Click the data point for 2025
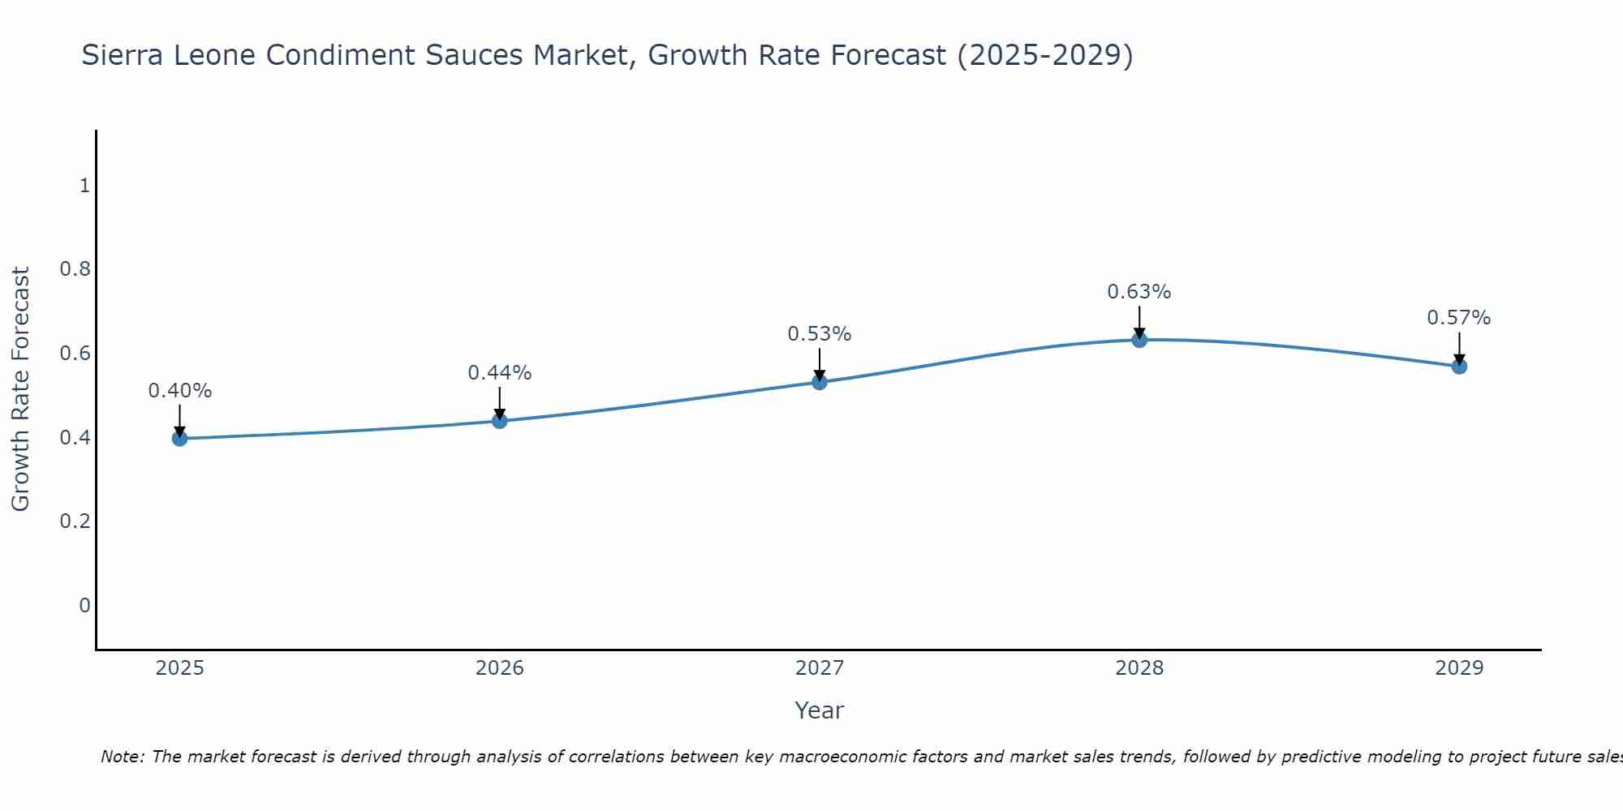179,439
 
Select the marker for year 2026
500,420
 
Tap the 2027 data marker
820,382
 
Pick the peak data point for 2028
1139,340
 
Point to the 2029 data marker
1459,367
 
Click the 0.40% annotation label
179,391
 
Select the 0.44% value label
500,373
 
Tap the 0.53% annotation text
820,334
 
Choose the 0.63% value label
1139,292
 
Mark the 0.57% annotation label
1459,318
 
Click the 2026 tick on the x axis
500,668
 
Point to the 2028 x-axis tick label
1139,668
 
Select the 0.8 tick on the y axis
75,269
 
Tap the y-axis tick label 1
84,186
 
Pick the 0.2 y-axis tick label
75,521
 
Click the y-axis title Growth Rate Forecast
20,389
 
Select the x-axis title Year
820,710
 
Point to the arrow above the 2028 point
1139,321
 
